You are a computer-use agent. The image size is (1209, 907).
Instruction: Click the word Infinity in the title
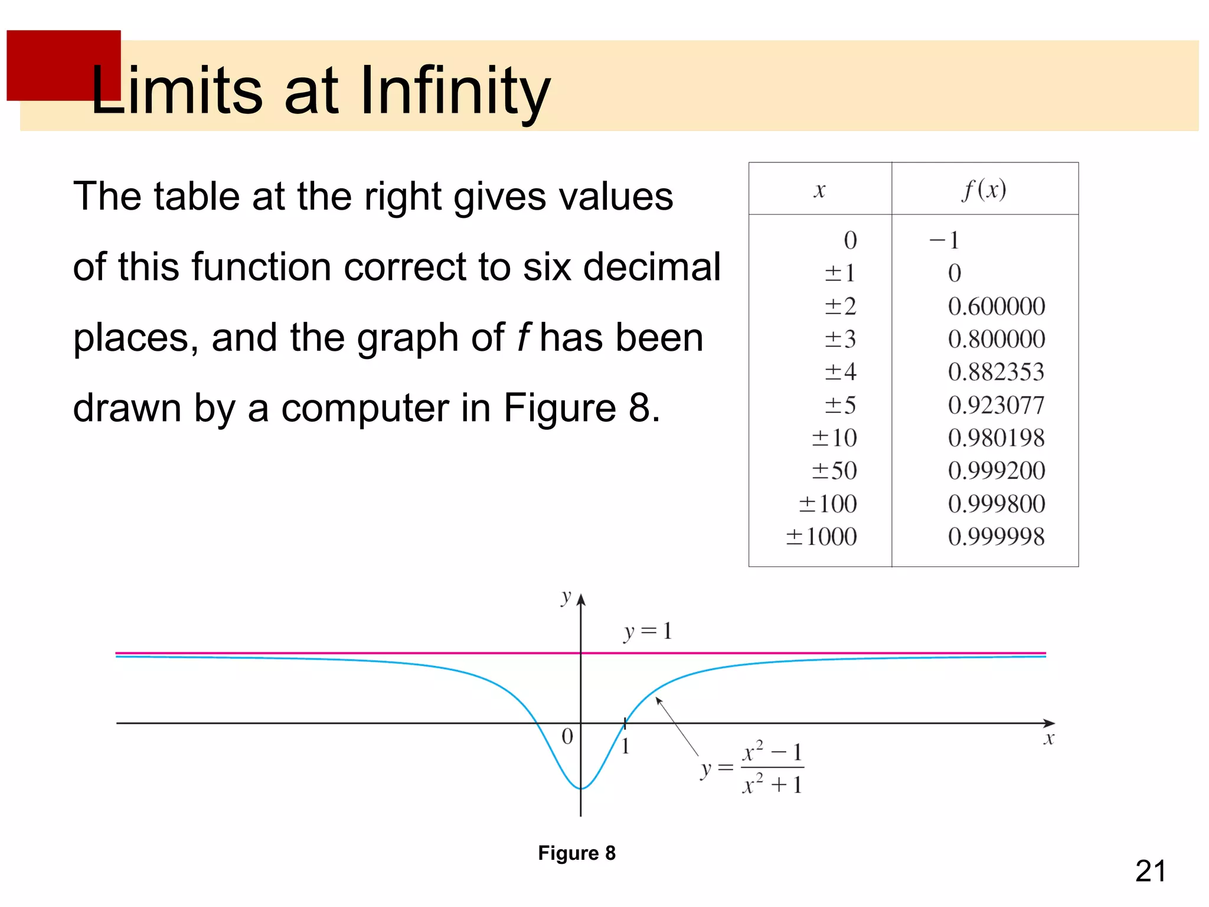455,92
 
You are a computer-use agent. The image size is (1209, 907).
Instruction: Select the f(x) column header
984,190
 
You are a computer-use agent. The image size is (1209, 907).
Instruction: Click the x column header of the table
819,190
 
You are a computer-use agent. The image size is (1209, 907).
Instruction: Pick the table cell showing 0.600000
996,306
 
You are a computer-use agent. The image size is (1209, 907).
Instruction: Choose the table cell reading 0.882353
996,372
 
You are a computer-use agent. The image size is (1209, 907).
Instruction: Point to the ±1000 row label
821,537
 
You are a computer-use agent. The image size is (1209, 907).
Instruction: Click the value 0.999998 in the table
996,537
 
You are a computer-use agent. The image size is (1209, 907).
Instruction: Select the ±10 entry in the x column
834,438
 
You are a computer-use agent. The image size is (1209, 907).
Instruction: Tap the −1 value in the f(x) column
945,240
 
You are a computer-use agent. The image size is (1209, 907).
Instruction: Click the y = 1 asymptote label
648,632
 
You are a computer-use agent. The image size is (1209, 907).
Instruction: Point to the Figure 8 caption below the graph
577,853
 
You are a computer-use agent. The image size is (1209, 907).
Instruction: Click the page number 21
1151,872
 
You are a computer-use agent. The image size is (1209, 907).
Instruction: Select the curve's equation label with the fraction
753,768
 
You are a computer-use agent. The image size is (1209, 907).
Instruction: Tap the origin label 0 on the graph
567,736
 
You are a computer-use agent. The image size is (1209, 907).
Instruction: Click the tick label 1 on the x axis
626,747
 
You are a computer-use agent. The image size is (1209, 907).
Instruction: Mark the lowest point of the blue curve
581,788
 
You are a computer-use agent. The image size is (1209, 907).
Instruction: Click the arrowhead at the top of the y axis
581,599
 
